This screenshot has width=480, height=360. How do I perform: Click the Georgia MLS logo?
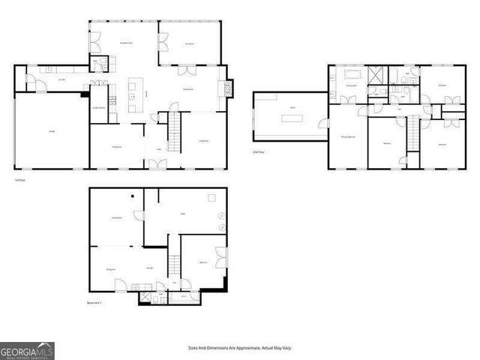tap(27, 350)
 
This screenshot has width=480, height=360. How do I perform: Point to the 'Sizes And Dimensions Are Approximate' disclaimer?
tap(239, 348)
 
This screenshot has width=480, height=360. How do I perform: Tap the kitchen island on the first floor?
tap(134, 88)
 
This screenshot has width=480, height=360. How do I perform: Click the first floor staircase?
tap(175, 130)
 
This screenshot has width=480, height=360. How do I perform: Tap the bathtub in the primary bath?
tap(351, 76)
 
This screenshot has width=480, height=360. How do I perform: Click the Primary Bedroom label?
tap(348, 138)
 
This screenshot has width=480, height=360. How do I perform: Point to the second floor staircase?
tap(411, 136)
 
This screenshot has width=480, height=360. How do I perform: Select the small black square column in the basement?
tap(131, 197)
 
